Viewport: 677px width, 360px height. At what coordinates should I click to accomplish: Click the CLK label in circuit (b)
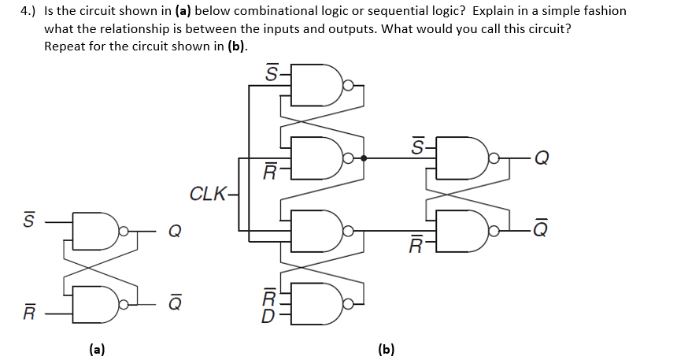click(x=207, y=193)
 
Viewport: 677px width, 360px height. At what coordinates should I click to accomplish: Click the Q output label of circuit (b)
click(x=542, y=158)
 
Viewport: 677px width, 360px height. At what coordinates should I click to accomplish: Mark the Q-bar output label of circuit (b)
click(x=542, y=229)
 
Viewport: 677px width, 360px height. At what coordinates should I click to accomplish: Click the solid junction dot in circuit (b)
click(x=364, y=158)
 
